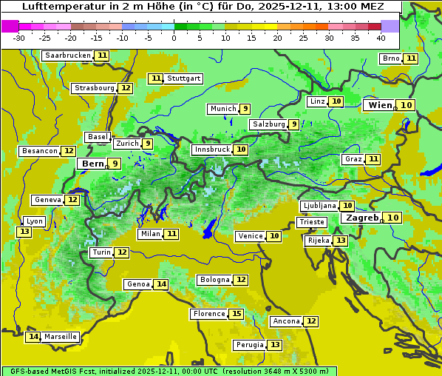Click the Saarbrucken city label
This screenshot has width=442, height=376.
(67, 56)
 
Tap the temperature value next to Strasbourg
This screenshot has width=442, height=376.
(126, 88)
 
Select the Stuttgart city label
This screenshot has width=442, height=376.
(183, 78)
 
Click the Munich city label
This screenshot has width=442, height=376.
(222, 109)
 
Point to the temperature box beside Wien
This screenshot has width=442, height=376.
(407, 105)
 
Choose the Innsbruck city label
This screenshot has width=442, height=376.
(211, 150)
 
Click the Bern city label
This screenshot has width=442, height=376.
(93, 164)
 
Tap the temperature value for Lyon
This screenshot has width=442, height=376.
(24, 232)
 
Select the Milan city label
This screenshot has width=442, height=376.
(149, 234)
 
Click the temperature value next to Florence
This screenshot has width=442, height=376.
(237, 314)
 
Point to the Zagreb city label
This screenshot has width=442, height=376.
(362, 218)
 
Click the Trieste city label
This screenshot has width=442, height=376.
(311, 222)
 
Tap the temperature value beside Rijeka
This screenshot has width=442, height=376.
(340, 241)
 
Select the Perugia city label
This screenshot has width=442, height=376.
(248, 345)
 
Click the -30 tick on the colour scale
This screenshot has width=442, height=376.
(19, 38)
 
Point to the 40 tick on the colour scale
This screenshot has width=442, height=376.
(381, 38)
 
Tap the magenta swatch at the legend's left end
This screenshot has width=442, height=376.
(10, 26)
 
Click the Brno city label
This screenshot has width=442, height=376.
(390, 58)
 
